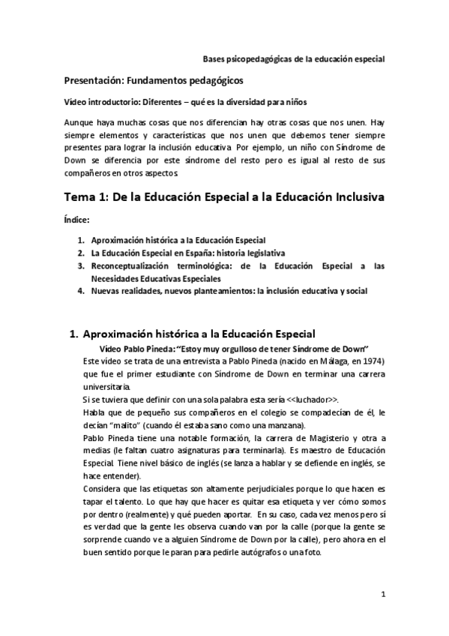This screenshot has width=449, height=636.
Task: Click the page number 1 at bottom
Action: [x=382, y=595]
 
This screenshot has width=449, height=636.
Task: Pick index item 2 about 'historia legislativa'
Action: [x=188, y=253]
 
